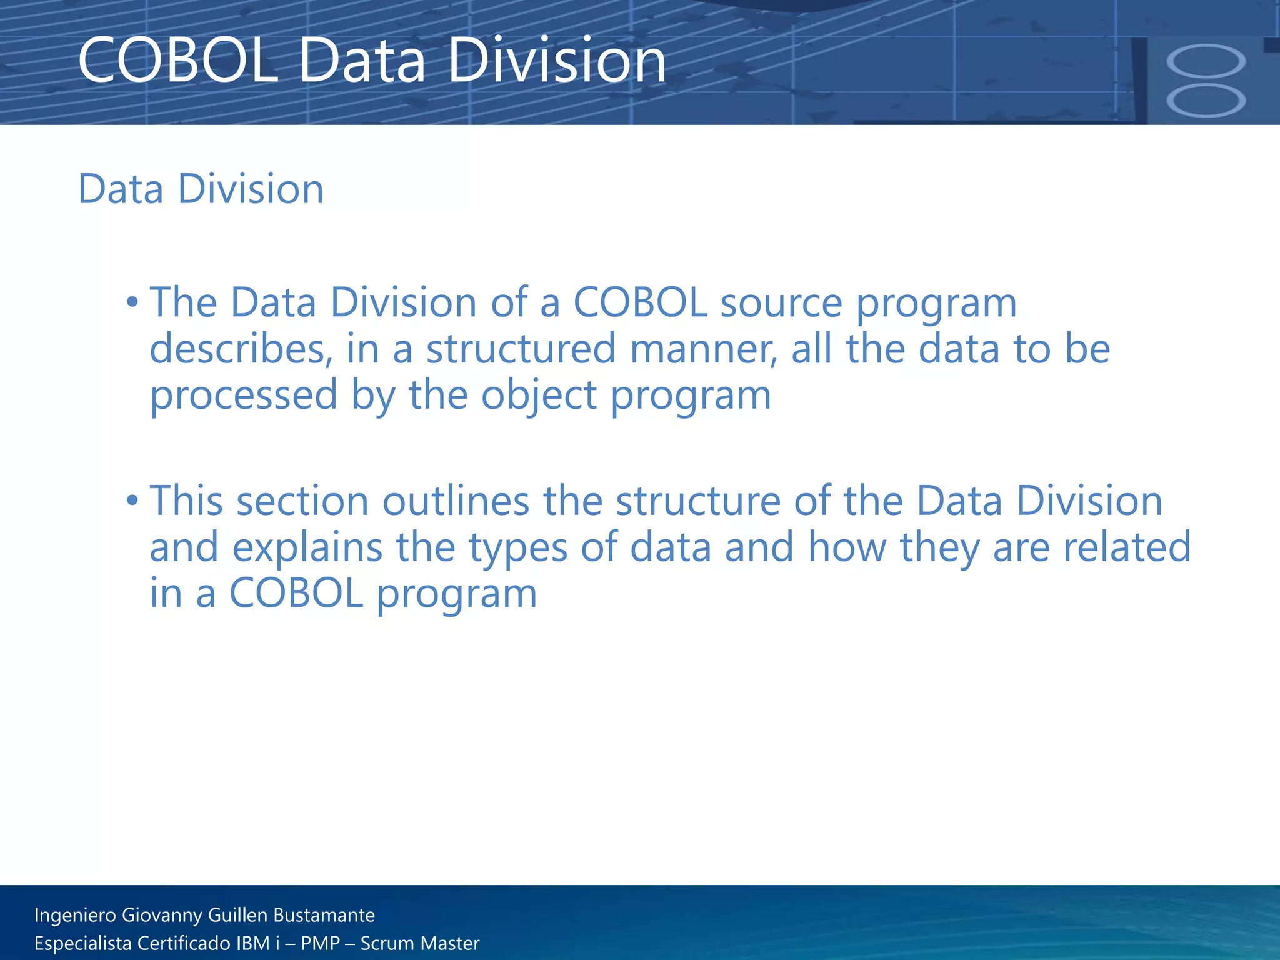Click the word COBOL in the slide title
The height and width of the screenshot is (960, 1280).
click(178, 61)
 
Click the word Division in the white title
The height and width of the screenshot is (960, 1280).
click(557, 61)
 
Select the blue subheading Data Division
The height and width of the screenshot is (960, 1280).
click(201, 189)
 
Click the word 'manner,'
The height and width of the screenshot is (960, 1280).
click(704, 350)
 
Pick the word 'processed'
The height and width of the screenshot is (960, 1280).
click(244, 396)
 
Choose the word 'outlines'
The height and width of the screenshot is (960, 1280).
click(456, 502)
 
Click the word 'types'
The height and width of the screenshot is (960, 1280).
click(518, 548)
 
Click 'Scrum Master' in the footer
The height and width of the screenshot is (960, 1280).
click(419, 943)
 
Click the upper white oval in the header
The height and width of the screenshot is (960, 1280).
click(1206, 61)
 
